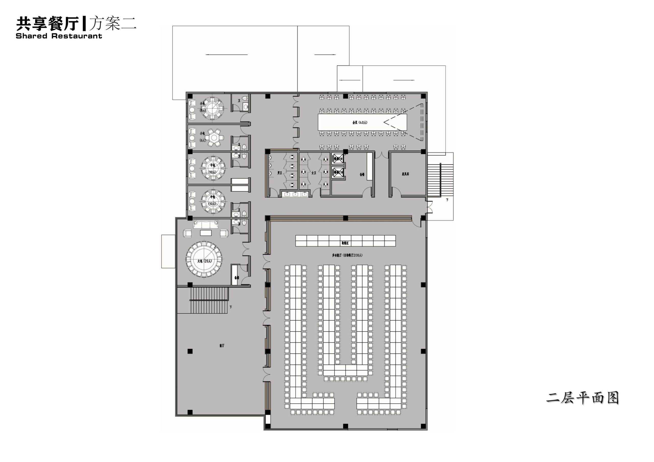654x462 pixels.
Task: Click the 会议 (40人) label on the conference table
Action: (360, 123)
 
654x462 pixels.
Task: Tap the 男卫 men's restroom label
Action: (279, 173)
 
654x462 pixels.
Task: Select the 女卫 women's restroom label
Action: (314, 173)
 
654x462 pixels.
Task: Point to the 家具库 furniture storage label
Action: (405, 174)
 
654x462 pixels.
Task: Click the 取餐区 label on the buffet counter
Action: (345, 243)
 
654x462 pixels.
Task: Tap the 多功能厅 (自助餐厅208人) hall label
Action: (347, 255)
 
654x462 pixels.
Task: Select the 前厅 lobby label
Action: (222, 345)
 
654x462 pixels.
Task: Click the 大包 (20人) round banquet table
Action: (204, 259)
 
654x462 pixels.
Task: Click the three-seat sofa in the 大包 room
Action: (206, 224)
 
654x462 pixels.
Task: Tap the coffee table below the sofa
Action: (206, 233)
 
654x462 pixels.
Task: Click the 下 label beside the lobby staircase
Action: (231, 307)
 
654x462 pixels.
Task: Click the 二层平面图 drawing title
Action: (582, 398)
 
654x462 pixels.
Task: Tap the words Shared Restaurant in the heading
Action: (59, 36)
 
